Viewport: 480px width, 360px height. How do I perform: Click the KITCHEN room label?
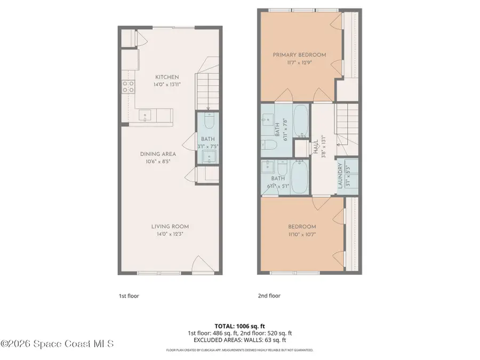pyautogui.click(x=167, y=77)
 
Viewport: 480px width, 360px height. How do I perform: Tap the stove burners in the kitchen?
pyautogui.click(x=128, y=87)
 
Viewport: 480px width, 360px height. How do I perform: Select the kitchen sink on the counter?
pyautogui.click(x=146, y=115)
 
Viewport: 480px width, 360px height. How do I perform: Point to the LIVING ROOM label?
pyautogui.click(x=170, y=226)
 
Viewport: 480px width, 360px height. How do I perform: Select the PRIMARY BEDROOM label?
pyautogui.click(x=299, y=55)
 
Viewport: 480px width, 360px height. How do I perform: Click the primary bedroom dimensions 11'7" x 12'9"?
pyautogui.click(x=299, y=63)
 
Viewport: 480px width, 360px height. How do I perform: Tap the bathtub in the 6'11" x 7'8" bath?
pyautogui.click(x=300, y=121)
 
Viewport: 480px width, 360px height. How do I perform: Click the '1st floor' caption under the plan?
pyautogui.click(x=129, y=295)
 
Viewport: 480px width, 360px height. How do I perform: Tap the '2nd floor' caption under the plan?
pyautogui.click(x=269, y=295)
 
